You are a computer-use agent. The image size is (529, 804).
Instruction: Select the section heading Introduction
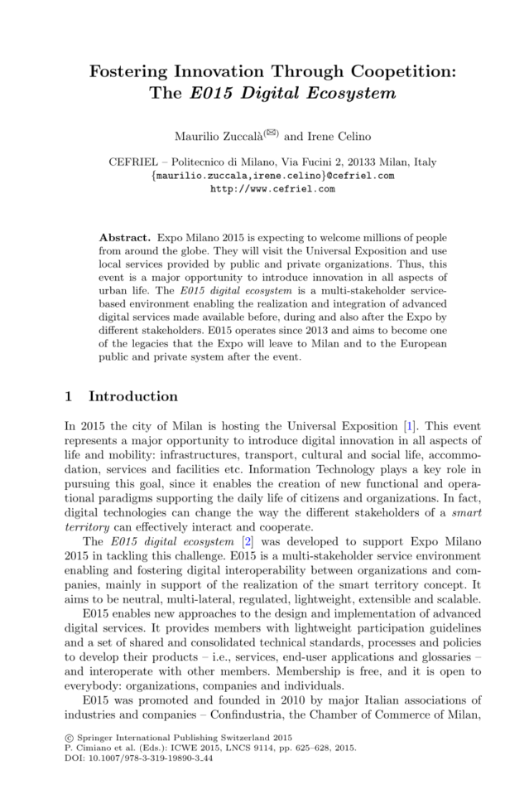133,396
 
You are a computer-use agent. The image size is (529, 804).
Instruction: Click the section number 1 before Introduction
69,396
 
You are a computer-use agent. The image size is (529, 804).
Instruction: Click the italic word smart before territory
464,513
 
